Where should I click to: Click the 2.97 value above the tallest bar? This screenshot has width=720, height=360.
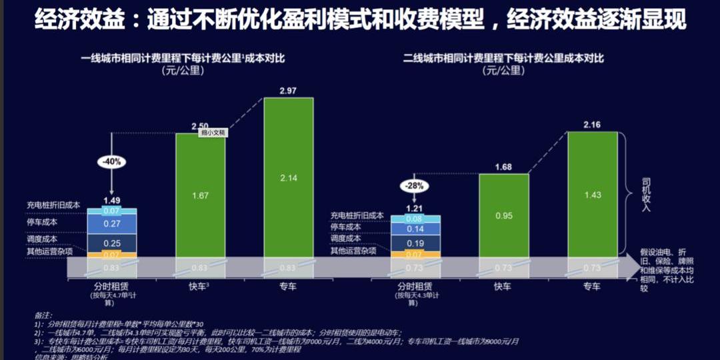pos(288,91)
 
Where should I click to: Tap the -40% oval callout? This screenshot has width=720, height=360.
pos(111,161)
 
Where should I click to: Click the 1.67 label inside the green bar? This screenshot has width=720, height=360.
pos(200,195)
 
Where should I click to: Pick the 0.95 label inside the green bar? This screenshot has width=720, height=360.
pos(503,216)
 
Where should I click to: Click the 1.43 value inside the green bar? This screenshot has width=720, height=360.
pos(592,194)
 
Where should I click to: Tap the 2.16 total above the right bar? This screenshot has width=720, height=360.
pos(592,125)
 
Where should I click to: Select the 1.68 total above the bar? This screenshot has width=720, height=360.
pos(503,167)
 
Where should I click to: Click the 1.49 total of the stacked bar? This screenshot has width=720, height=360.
pos(111,200)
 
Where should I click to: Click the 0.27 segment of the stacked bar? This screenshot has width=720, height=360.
pos(111,224)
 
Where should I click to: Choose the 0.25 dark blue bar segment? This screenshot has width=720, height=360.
pos(111,243)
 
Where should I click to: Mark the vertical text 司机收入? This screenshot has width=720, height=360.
pos(646,194)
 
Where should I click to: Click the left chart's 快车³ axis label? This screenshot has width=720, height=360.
pos(199,287)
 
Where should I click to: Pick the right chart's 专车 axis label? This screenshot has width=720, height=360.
pos(592,287)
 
